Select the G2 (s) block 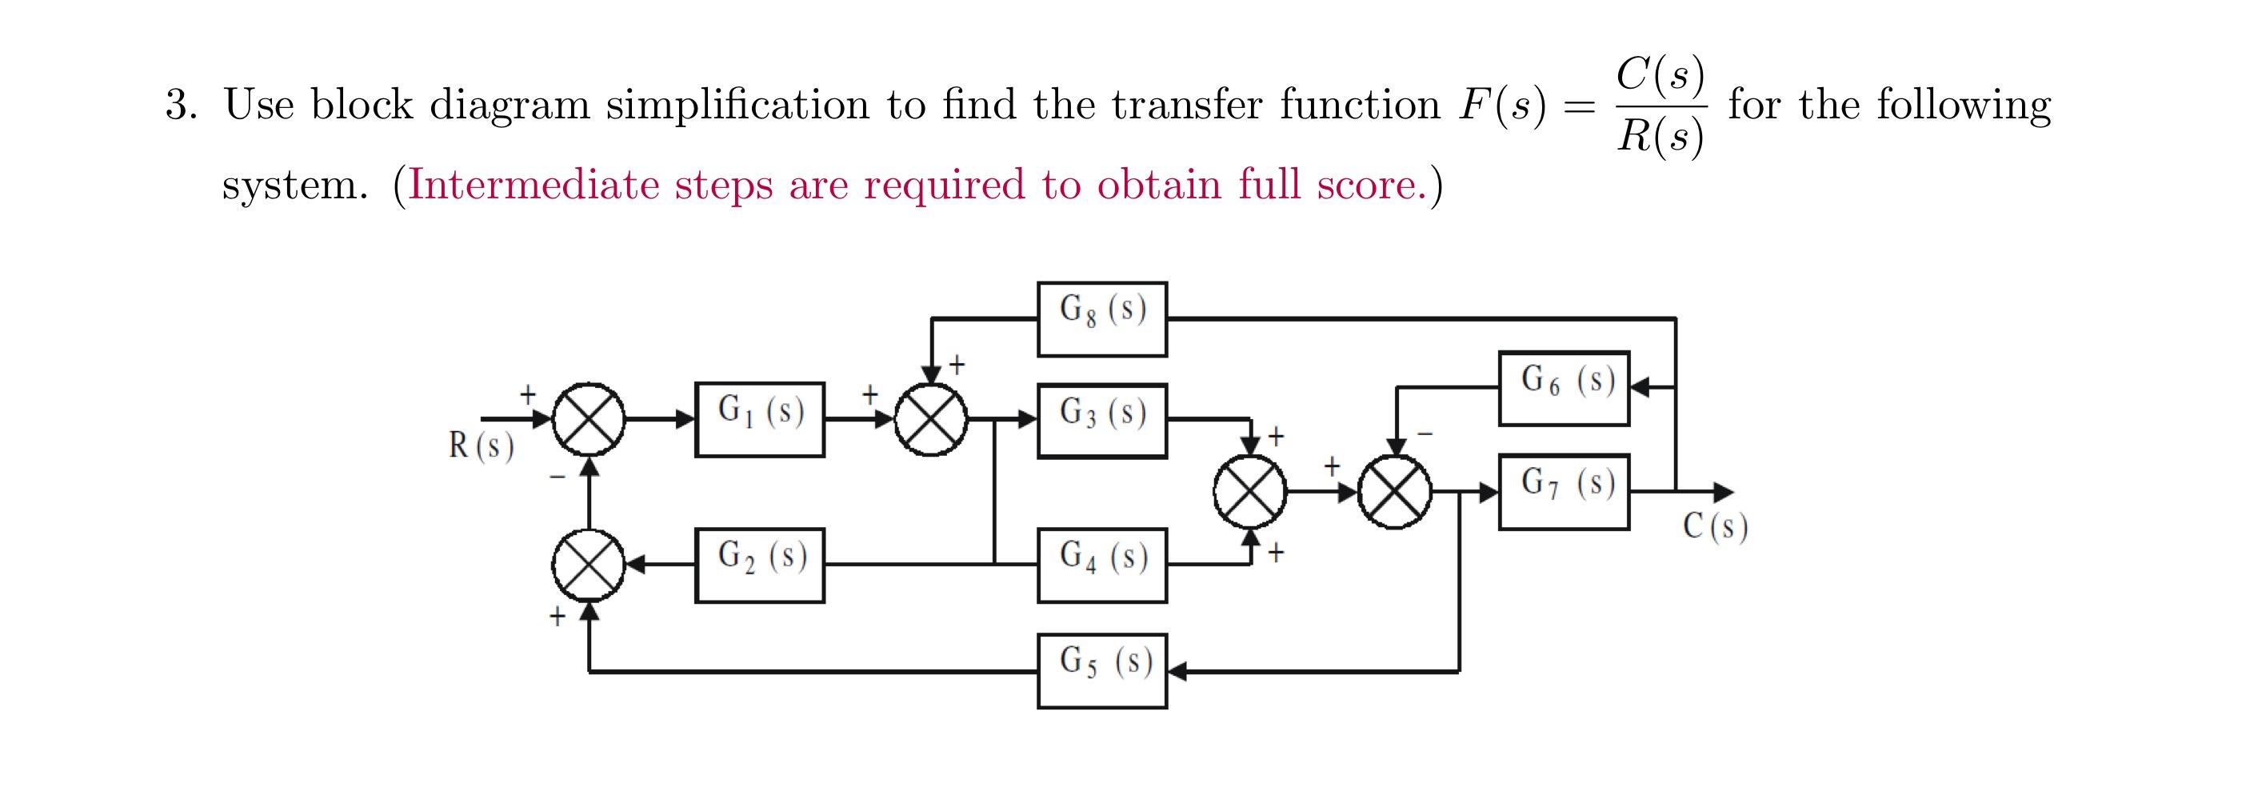click(x=759, y=565)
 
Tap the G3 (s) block click(x=1102, y=421)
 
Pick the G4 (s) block click(x=1102, y=565)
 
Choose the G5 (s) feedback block click(x=1102, y=671)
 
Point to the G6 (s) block click(x=1563, y=388)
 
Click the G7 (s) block click(x=1563, y=492)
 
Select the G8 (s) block click(x=1102, y=318)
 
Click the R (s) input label click(x=482, y=445)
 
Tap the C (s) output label click(x=1715, y=526)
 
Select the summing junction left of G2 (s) click(x=589, y=565)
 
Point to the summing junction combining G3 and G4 click(x=1251, y=492)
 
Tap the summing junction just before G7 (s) click(x=1396, y=492)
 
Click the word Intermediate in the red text click(x=533, y=185)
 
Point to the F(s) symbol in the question click(x=1502, y=106)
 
